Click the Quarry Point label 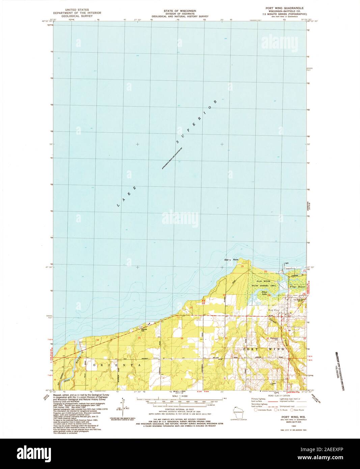[x=231, y=259]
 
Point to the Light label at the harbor [x=287, y=264]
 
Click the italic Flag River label [x=297, y=286]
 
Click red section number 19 [x=242, y=267]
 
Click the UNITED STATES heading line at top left [x=73, y=10]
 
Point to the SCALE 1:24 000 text [x=179, y=396]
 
